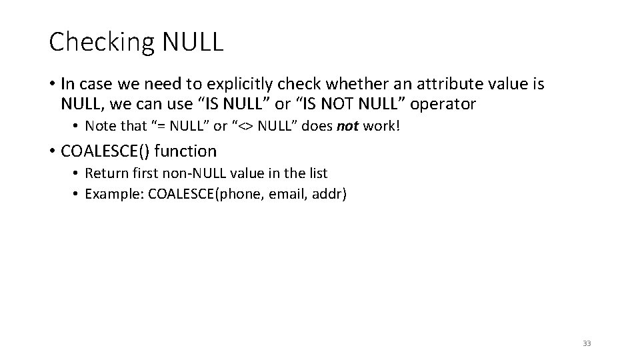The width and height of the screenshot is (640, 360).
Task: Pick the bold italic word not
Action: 347,127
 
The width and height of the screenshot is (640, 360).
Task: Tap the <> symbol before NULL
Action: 247,127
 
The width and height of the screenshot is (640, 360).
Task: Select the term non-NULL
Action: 200,174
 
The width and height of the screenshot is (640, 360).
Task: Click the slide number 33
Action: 587,343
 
